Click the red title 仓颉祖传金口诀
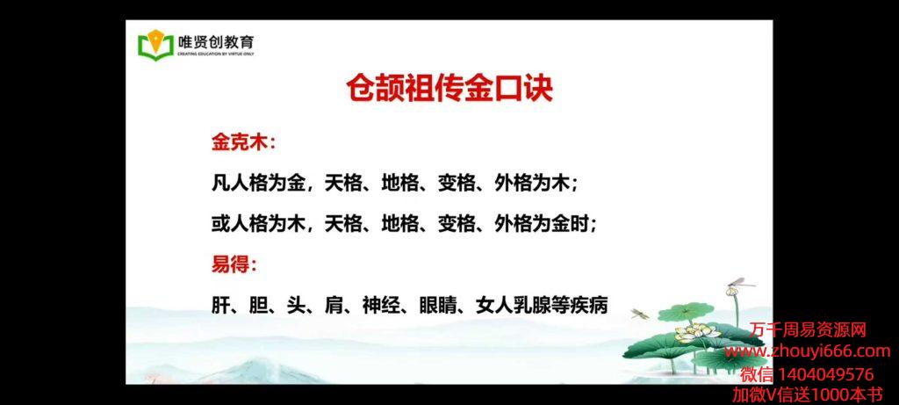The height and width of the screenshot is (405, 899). tap(449, 89)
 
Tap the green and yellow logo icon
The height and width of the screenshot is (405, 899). tap(155, 44)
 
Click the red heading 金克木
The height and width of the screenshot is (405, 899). tap(240, 143)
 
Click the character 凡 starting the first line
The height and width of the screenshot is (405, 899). tap(220, 184)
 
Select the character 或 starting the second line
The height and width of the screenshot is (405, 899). tap(220, 224)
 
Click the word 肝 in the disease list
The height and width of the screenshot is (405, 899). tap(220, 306)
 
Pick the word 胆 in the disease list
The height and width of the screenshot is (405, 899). tap(259, 306)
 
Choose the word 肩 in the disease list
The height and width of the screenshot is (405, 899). tap(334, 306)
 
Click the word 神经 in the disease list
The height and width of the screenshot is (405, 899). tap(381, 306)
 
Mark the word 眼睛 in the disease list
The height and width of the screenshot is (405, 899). tap(437, 306)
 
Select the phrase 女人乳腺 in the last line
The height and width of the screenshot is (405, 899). tap(513, 306)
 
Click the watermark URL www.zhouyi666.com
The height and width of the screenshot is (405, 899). tap(808, 351)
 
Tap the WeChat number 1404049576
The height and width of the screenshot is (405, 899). tap(825, 374)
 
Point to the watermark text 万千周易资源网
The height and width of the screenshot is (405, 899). tap(809, 329)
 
